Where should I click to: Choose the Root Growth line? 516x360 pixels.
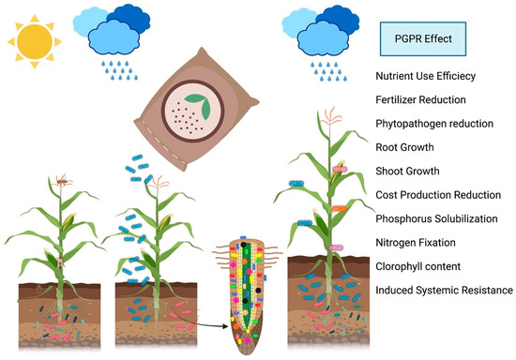coord(410,148)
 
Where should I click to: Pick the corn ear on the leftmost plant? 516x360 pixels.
coord(68,222)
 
